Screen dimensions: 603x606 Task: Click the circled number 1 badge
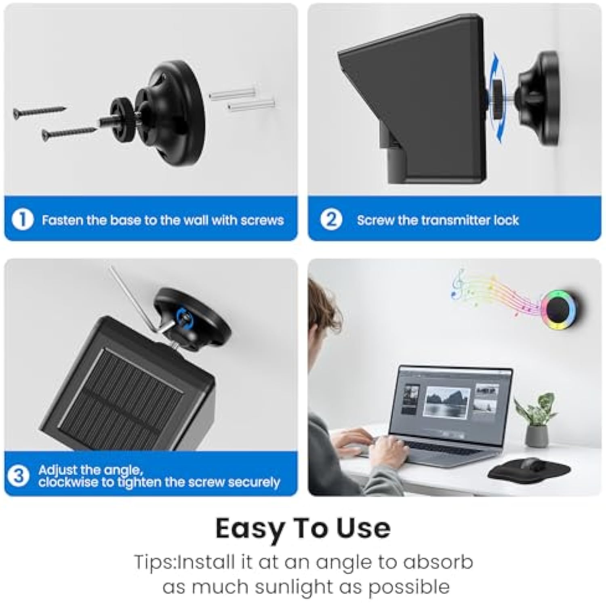22,220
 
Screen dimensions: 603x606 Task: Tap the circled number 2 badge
331,220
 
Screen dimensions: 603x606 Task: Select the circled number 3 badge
19,476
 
